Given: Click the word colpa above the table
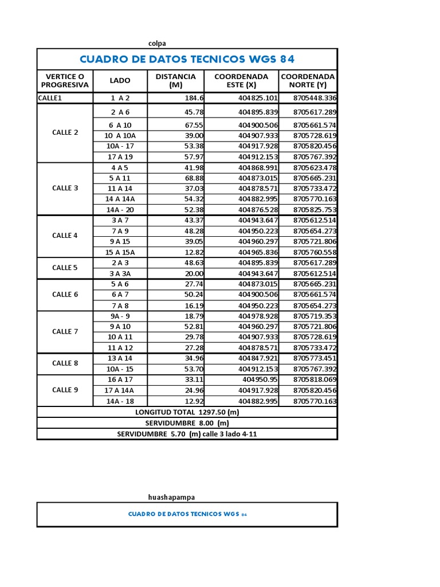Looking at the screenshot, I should [157, 43].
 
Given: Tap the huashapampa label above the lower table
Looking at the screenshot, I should [175, 497].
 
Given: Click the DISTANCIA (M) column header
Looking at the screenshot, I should [175, 81].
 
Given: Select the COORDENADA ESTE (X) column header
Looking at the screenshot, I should [241, 81].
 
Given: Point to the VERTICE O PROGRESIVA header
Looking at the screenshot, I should [65, 81].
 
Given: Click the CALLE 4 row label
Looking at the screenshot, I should [65, 236].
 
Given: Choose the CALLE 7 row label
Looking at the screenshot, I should [65, 331].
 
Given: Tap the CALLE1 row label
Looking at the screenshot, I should [50, 98].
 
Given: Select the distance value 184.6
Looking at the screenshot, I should [194, 98].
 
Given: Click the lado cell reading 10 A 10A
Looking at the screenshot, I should [120, 136].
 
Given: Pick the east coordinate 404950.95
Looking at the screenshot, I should [260, 379].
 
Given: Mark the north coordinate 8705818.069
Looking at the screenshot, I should [315, 379].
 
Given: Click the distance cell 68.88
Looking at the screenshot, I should [194, 178].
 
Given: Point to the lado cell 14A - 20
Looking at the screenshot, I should [120, 210].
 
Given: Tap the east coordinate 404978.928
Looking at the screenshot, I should [258, 316].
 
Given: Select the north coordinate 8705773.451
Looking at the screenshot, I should [315, 358].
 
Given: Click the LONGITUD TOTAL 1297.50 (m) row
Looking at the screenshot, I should [187, 412].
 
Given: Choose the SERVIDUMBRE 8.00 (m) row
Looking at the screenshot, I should [187, 423].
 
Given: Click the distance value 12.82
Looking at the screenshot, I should [194, 252].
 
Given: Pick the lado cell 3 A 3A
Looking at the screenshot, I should [120, 273].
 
